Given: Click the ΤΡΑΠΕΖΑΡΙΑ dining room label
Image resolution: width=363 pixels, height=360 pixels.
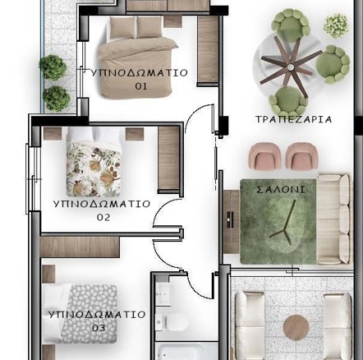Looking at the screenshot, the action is coord(293,119).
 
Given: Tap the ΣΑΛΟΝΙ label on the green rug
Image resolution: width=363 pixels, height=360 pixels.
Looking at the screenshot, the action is coord(281,190).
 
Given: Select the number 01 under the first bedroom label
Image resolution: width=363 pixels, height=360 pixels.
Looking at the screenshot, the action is coord(141,86).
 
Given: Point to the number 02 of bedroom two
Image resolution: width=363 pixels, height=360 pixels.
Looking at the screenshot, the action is coord(103,217).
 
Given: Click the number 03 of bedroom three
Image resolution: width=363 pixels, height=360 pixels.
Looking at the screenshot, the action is coord(99,328).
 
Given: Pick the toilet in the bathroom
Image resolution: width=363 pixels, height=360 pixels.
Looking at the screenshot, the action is coord(172,322).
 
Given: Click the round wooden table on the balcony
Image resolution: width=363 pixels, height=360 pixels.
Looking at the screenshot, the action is coord(296,328).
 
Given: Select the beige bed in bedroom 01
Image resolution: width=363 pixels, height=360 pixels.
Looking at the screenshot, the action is coord(138,57).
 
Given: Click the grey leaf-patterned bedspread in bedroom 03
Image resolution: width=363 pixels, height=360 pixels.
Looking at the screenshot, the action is coord(89,314).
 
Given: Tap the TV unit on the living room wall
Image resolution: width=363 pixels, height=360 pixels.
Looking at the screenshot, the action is coord(232,222).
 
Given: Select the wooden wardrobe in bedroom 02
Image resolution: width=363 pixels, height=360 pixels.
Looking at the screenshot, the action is coord(168,159).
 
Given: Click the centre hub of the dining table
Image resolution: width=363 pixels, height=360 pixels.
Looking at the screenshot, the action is coord(290,67).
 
